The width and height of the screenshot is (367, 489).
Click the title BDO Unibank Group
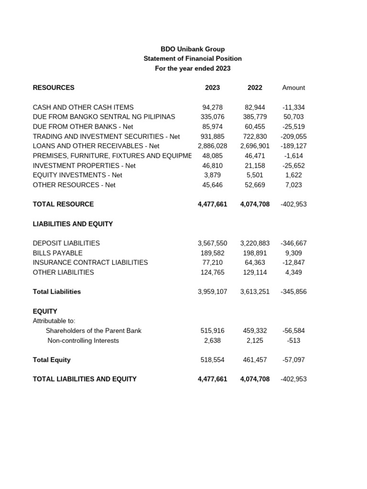(x=193, y=49)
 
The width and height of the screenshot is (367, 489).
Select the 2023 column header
(x=212, y=87)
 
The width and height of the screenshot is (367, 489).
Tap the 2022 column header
(x=255, y=87)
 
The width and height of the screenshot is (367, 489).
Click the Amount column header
(x=293, y=87)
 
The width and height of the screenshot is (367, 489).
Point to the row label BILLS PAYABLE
(x=57, y=253)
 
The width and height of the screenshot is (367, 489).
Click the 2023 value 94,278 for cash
(x=213, y=107)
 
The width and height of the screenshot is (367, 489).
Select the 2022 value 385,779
(x=255, y=117)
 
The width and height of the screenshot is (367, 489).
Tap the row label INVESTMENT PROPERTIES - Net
(x=84, y=165)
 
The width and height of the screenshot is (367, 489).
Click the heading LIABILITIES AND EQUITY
(x=73, y=223)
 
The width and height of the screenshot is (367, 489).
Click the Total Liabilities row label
(x=56, y=291)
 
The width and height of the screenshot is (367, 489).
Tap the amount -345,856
(x=293, y=291)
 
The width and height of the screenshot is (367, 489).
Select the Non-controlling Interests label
(x=83, y=340)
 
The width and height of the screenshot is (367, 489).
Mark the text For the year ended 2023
(x=193, y=68)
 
